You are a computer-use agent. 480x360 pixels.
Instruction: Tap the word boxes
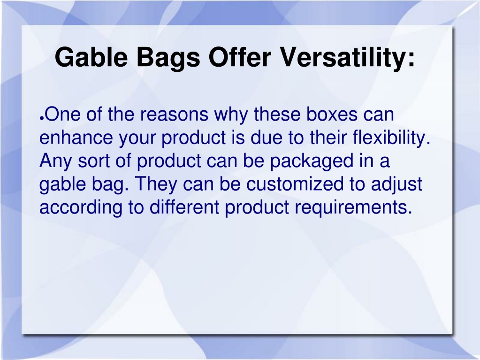click(332, 114)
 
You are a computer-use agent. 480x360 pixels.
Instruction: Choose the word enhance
click(76, 138)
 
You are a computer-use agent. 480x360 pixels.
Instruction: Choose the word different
click(184, 207)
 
